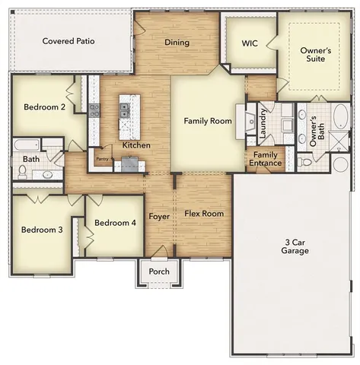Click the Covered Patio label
[68, 41]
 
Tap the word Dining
[177, 43]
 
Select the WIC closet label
[250, 44]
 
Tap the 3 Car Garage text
[294, 246]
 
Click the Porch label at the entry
[159, 272]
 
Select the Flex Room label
[204, 214]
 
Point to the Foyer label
[159, 216]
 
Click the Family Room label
[207, 121]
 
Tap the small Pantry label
[101, 159]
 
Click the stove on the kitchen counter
[95, 109]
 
